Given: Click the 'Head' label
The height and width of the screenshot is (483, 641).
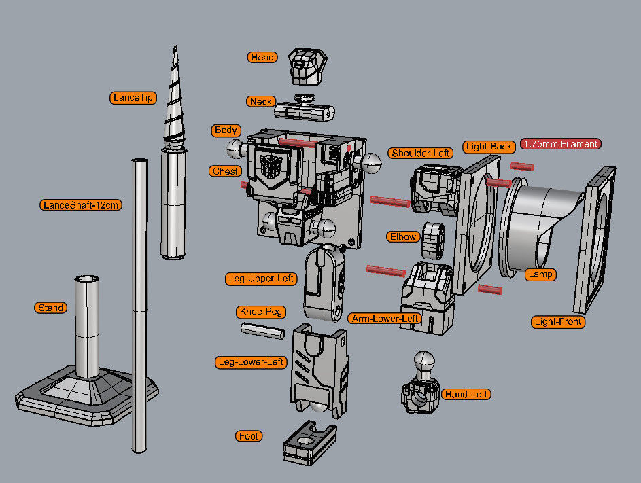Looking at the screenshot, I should [x=262, y=58].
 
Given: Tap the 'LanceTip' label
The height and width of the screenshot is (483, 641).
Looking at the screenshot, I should [x=133, y=98].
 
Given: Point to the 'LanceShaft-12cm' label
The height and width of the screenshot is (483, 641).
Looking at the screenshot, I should [x=81, y=204].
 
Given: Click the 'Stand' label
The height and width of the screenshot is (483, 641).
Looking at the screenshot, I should [x=51, y=308].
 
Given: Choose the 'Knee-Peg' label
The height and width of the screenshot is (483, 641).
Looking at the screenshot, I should [x=261, y=312].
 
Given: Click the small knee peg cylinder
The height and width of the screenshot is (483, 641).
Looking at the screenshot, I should [x=262, y=331].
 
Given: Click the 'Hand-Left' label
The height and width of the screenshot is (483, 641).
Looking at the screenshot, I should [x=466, y=394].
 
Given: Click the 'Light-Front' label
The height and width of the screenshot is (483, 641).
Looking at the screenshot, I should [x=557, y=321].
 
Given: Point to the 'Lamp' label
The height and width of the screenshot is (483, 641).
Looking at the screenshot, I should [x=540, y=274].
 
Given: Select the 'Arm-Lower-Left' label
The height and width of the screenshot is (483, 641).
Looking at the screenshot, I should [x=385, y=318].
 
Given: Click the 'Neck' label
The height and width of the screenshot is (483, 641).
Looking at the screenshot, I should [x=260, y=101].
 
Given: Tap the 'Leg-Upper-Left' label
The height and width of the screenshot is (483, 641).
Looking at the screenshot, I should [x=260, y=279].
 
